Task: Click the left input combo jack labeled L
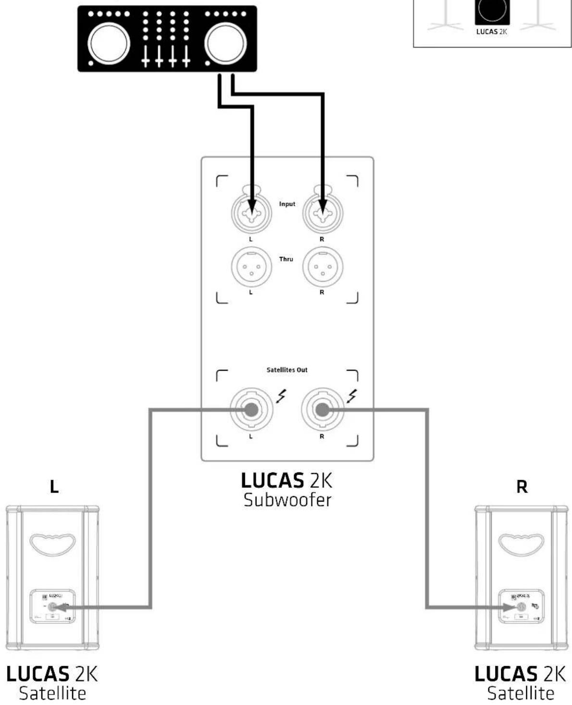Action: point(251,212)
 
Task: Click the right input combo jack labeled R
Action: point(322,212)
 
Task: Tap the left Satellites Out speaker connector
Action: point(250,409)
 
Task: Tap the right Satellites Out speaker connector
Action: point(322,409)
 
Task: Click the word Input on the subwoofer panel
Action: point(287,204)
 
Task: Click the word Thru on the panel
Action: point(286,259)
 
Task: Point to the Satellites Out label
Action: point(287,370)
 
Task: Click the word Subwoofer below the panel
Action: point(287,500)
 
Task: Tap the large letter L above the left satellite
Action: point(54,487)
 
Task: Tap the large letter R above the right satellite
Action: point(522,487)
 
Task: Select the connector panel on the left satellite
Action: point(53,606)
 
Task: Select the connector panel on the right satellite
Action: point(521,606)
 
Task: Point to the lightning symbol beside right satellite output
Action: point(352,396)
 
